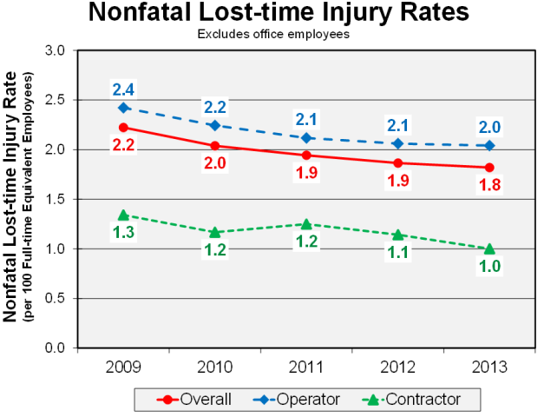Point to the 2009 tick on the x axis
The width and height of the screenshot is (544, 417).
pyautogui.click(x=123, y=364)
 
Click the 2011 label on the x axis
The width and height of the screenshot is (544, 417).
pyautogui.click(x=306, y=364)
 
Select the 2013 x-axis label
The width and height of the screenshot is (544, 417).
pyautogui.click(x=489, y=364)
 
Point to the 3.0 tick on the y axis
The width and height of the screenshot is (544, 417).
pyautogui.click(x=55, y=50)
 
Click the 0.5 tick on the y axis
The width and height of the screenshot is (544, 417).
pyautogui.click(x=55, y=298)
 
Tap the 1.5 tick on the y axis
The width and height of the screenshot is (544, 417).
pyautogui.click(x=55, y=199)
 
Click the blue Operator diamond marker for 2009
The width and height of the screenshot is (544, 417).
pyautogui.click(x=123, y=108)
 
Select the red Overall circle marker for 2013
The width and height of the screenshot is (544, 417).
pyautogui.click(x=489, y=167)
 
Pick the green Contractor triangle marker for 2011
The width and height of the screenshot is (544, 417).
pyautogui.click(x=306, y=224)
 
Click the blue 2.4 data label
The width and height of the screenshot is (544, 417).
pyautogui.click(x=123, y=89)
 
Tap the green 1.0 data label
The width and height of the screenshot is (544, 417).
pyautogui.click(x=489, y=268)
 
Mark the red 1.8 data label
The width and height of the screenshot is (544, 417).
pyautogui.click(x=489, y=185)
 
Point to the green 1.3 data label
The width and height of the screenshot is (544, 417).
pyautogui.click(x=123, y=233)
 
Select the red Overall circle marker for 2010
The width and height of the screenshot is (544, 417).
pyautogui.click(x=215, y=146)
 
